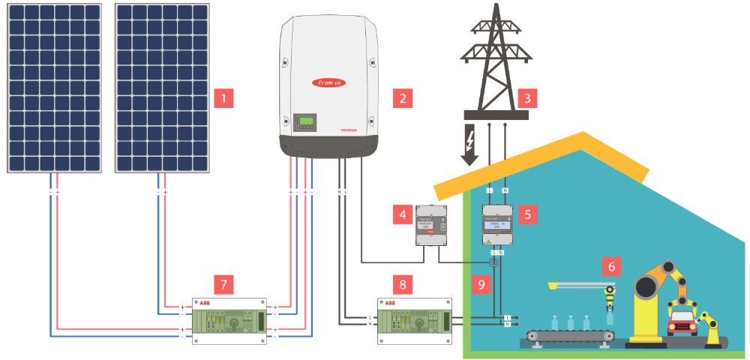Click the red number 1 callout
point(223,97)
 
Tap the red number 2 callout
point(403,97)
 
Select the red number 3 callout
point(527,97)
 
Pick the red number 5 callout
point(527,214)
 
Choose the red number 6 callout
point(611,265)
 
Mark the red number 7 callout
point(223,284)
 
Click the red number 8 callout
point(403,284)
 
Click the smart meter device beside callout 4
point(431,224)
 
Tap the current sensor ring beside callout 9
point(493,264)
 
